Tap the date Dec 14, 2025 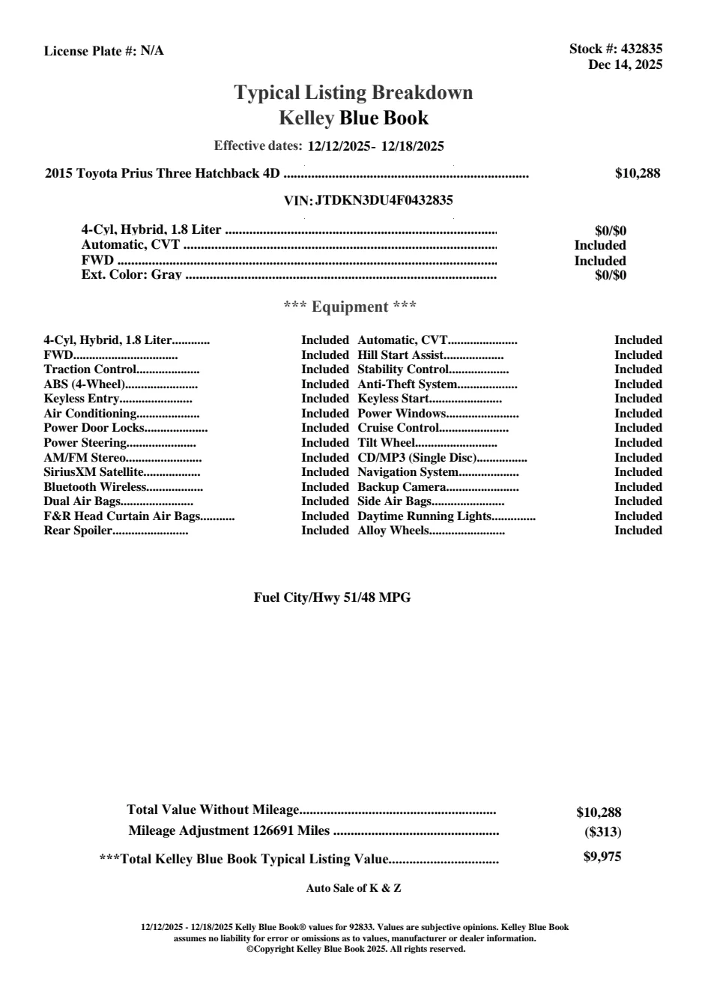click(625, 64)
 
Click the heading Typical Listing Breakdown click(354, 93)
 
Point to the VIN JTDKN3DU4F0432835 click(384, 200)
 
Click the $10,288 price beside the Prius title click(638, 173)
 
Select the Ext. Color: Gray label click(131, 275)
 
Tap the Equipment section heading click(350, 307)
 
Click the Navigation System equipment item click(408, 472)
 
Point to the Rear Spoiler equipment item click(78, 531)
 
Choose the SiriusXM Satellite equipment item click(93, 472)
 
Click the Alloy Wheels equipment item click(393, 531)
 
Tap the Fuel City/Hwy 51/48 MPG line click(332, 597)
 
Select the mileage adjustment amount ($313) click(602, 832)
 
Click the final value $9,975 click(602, 857)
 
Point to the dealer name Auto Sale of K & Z click(354, 888)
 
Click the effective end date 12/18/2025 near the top click(413, 146)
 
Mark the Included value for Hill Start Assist click(638, 355)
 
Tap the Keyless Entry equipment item click(82, 399)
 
